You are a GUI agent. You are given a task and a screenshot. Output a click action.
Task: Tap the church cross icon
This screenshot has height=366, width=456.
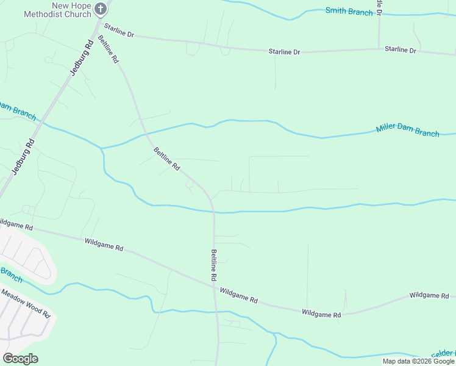tap(101, 9)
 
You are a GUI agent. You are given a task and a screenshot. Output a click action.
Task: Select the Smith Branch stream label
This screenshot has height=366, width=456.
tap(349, 11)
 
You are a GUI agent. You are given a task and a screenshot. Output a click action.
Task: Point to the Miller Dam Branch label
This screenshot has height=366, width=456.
tap(407, 129)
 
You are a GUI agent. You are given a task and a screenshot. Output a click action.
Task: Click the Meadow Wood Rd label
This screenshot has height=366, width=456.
tap(25, 302)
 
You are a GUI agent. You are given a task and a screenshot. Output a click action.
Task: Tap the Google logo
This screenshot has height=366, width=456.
tap(20, 358)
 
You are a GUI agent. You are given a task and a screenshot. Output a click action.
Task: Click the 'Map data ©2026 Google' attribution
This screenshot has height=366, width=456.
tap(419, 361)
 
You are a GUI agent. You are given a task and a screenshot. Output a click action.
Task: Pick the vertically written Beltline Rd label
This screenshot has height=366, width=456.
tap(214, 265)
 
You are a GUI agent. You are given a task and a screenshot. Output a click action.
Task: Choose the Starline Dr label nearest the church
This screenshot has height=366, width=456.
tap(118, 30)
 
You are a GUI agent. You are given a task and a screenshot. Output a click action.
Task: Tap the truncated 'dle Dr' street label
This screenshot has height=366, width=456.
tap(380, 7)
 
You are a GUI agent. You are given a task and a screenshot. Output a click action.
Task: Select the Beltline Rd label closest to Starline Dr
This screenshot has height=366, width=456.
tap(107, 50)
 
